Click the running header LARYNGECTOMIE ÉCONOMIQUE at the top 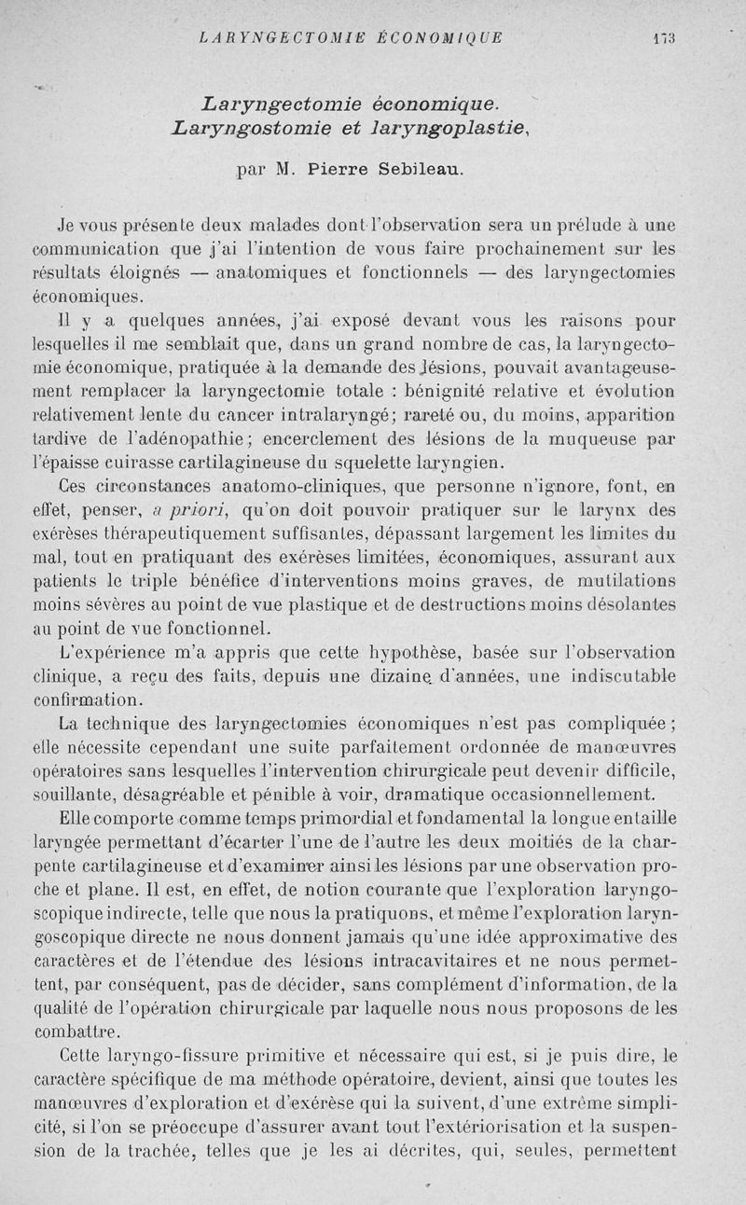point(352,38)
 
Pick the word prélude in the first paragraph point(579,226)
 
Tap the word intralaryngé point(352,413)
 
